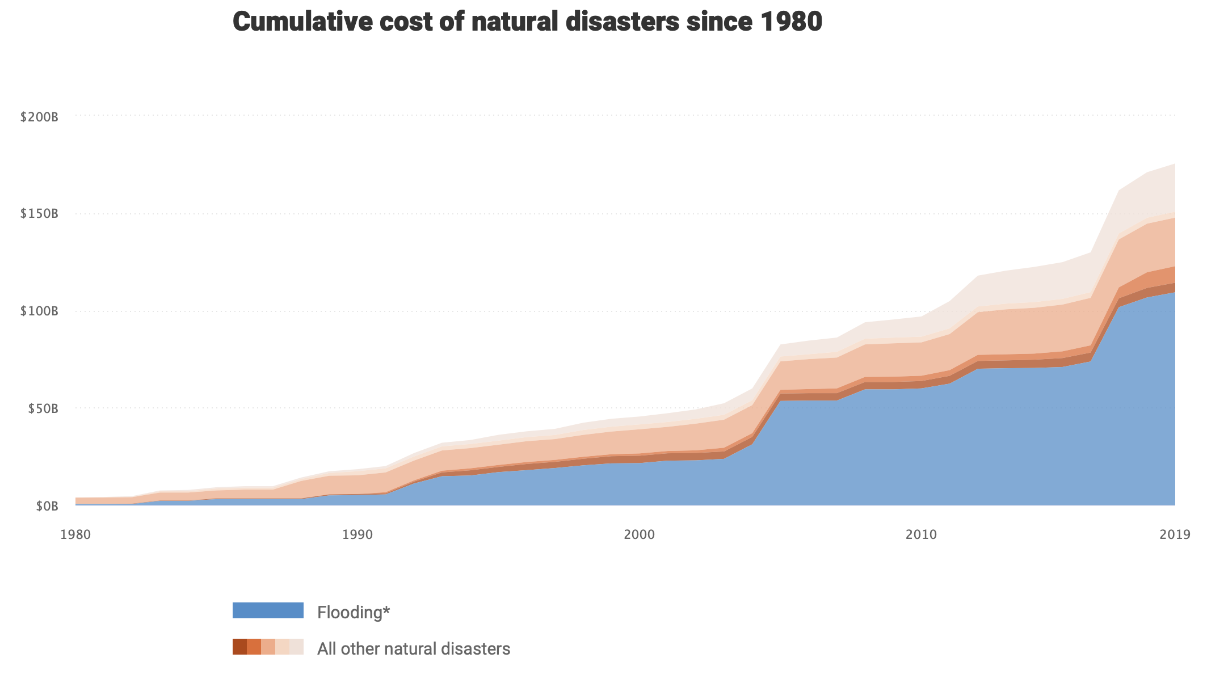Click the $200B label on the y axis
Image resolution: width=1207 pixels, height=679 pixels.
[39, 117]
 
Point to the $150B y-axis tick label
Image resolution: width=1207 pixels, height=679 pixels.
[39, 214]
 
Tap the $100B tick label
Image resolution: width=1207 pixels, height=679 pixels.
[39, 311]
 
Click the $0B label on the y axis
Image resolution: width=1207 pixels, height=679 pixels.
[47, 506]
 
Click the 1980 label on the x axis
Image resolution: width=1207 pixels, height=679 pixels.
[75, 534]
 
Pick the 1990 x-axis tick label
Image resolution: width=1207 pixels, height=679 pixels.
[358, 534]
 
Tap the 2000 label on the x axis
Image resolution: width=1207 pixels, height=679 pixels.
[640, 534]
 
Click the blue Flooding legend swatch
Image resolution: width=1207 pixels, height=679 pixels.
[268, 610]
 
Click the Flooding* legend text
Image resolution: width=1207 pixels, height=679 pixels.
[354, 613]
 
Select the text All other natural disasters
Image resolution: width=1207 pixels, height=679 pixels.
[414, 648]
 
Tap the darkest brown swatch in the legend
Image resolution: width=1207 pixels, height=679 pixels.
[239, 647]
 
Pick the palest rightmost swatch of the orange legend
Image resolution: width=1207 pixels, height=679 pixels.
[297, 647]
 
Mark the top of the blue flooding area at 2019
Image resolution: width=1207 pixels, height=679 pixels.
[1174, 292]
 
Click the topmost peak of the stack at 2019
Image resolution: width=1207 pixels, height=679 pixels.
[1174, 164]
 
